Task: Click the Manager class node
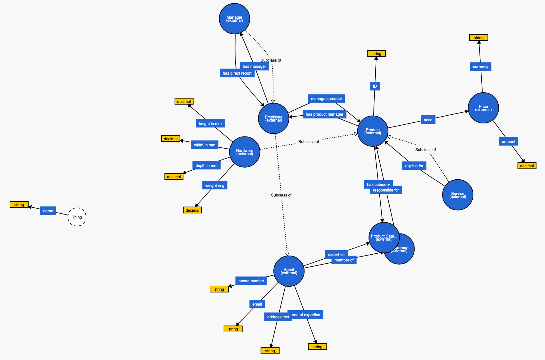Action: coord(234,19)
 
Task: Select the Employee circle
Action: coord(273,118)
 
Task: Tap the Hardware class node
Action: coord(245,152)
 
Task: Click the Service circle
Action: coord(457,195)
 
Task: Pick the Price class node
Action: coord(483,108)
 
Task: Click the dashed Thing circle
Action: coord(77,217)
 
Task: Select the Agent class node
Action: coord(289,271)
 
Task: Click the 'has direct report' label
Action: coord(237,73)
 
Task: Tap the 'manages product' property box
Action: coord(326,99)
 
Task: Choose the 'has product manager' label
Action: coord(324,114)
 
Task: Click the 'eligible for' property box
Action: coord(414,166)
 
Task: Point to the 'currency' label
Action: coord(480,67)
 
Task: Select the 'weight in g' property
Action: coord(214,186)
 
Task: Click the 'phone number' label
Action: coord(251,281)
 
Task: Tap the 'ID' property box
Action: coord(375,86)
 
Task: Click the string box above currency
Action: coord(479,38)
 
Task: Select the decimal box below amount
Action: coord(527,166)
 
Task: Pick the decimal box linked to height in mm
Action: coord(184,102)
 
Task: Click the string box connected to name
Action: coord(19,205)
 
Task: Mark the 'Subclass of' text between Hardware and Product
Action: coord(309,142)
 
